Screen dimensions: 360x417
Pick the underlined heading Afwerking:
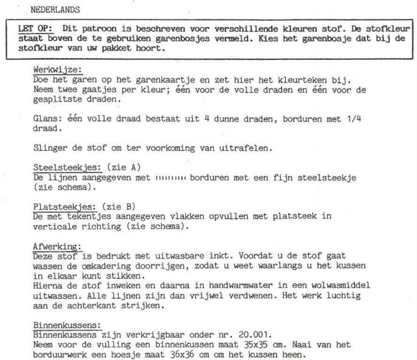[x=56, y=246]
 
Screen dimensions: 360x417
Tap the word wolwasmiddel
[x=341, y=285]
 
